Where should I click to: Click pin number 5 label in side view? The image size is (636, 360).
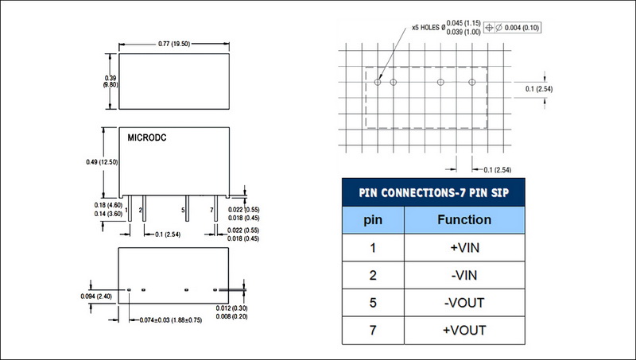pos(184,210)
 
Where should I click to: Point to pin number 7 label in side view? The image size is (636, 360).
pos(211,210)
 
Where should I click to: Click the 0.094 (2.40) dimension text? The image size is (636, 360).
pos(97,296)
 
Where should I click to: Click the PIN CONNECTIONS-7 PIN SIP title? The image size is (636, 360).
pos(433,192)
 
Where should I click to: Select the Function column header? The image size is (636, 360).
pos(466,219)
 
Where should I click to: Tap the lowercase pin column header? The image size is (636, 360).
pos(372,219)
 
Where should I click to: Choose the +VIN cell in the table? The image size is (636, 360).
pos(466,247)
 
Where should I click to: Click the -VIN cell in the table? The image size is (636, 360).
pos(466,275)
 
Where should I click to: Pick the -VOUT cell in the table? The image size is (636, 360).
pos(466,303)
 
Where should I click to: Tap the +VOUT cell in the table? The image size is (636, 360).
pos(466,330)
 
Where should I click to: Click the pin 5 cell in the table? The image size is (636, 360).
pos(372,303)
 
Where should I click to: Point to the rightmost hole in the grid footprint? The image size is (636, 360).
pos(471,81)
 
